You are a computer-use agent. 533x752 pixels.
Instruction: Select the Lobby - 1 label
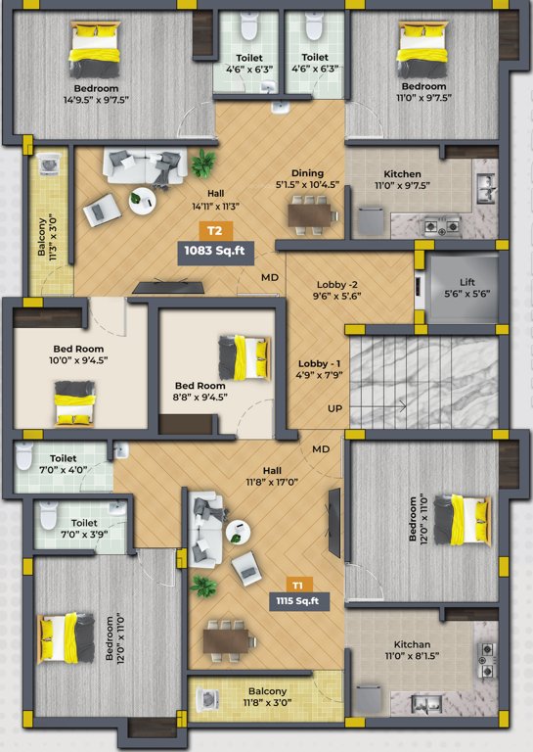tap(318, 369)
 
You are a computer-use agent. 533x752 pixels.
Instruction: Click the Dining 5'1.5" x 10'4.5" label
tap(307, 178)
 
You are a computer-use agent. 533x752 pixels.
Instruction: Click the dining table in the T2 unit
tap(309, 212)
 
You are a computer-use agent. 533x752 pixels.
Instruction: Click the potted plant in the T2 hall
tap(204, 162)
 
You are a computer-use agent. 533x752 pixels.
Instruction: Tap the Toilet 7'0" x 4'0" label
tap(64, 463)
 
